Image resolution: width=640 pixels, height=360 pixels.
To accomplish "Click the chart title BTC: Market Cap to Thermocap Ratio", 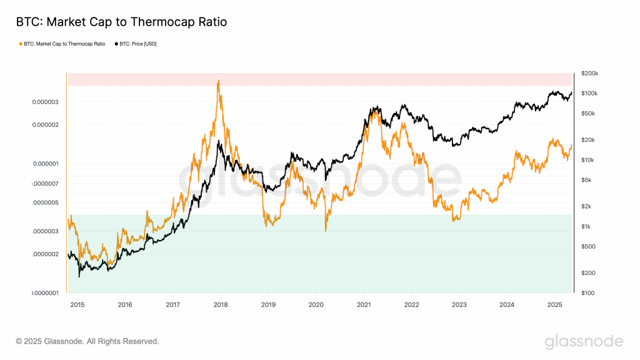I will point(121,22).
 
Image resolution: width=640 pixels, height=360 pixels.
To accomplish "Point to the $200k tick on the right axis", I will point(589,74).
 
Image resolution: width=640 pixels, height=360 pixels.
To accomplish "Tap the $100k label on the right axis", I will point(589,94).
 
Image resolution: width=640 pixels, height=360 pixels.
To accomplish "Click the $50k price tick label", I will point(588,114).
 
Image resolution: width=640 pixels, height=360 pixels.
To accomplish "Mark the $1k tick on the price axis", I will point(586,226).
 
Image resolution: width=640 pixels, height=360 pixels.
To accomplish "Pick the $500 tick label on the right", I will point(587,246).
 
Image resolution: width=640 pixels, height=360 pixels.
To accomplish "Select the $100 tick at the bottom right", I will point(587,292).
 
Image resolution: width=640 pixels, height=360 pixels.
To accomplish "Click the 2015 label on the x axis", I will point(77,304).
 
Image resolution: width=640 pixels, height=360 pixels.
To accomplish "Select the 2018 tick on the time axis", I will point(221,304).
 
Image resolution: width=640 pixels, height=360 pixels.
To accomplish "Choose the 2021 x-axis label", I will point(364,304).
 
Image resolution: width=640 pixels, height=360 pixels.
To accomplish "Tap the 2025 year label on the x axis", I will point(555,304).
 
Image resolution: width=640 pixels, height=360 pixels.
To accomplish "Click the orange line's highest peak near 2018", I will point(218,81).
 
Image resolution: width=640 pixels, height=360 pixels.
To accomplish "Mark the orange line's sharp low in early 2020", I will point(326,231).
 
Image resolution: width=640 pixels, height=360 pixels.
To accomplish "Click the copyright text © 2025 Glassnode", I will point(87,341).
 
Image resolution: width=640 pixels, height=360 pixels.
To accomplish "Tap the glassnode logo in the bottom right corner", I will point(584,341).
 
